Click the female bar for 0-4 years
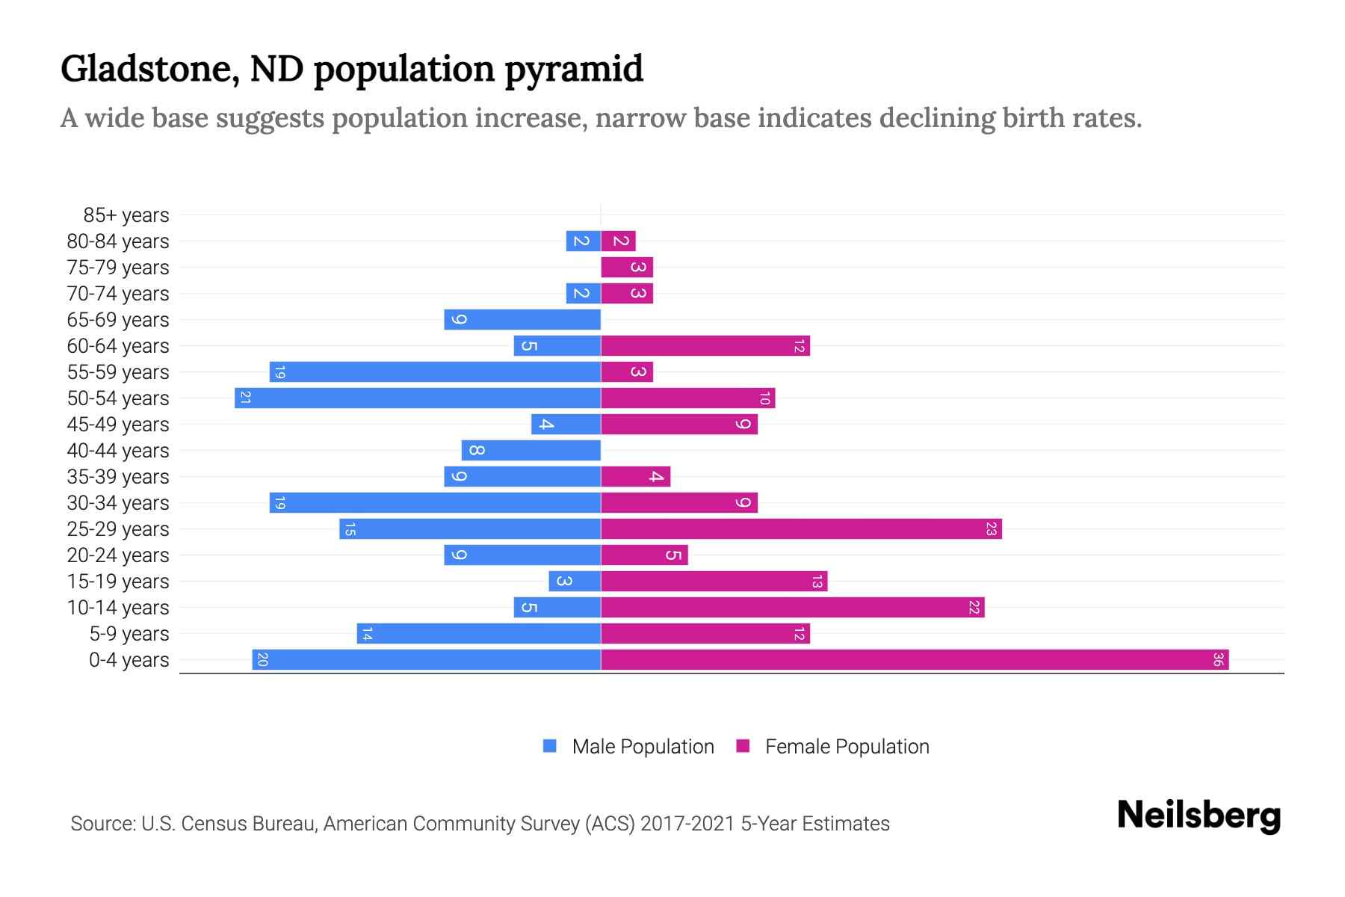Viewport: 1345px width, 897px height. (x=915, y=660)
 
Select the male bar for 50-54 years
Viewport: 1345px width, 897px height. (x=418, y=398)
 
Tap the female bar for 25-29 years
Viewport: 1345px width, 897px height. (x=801, y=529)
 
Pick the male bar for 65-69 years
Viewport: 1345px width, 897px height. (x=522, y=320)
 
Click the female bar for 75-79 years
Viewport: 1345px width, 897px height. (x=627, y=268)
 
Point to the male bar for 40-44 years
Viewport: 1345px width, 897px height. (x=531, y=451)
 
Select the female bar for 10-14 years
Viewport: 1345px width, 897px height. (x=792, y=608)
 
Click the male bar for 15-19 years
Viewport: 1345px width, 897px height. (x=575, y=582)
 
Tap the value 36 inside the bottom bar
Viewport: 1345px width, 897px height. (x=1218, y=660)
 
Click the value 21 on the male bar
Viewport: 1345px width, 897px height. (x=245, y=398)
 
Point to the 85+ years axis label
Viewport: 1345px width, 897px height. (x=126, y=215)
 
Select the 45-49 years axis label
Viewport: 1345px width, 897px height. (x=118, y=425)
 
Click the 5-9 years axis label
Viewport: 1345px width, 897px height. (x=129, y=634)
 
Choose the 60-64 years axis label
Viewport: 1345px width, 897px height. (x=118, y=346)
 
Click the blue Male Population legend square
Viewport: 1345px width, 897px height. (x=550, y=746)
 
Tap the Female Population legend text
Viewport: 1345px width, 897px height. (x=847, y=747)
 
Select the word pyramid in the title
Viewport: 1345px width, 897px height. (x=573, y=70)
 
